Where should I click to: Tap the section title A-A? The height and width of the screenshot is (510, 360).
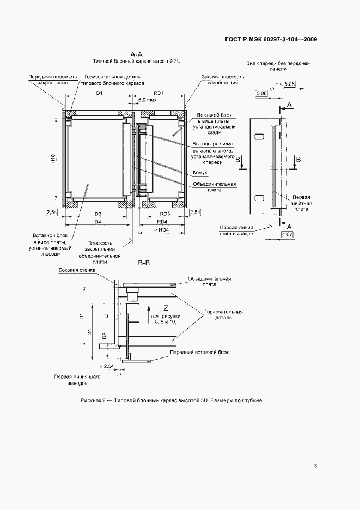[136, 54]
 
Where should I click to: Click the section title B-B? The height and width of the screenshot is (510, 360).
[144, 264]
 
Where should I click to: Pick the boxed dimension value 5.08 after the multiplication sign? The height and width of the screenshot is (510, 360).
[290, 84]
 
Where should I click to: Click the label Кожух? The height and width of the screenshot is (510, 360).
[199, 173]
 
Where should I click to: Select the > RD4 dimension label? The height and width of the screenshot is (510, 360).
[161, 231]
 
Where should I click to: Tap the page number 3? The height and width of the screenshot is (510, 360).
[315, 465]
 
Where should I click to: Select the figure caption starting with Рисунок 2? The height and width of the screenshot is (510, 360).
[171, 400]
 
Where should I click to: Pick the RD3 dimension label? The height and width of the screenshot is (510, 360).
[165, 214]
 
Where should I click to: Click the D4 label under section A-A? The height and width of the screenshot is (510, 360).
[98, 222]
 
